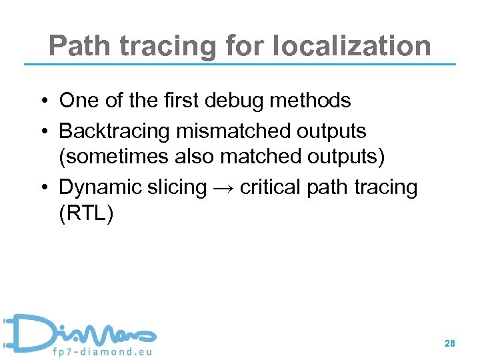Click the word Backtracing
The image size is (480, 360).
click(115, 131)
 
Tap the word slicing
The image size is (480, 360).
click(175, 187)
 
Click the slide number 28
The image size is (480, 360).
click(450, 344)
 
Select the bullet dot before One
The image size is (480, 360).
click(42, 101)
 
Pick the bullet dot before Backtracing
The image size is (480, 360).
click(42, 132)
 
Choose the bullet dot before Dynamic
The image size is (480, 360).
click(42, 188)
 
